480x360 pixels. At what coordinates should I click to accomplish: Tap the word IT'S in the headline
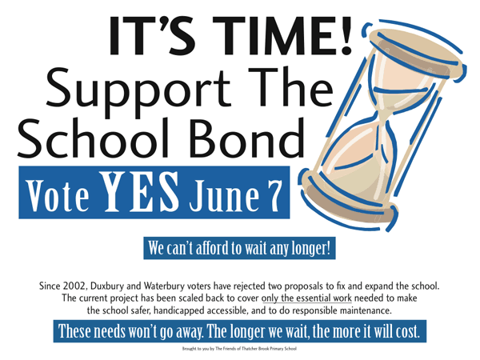pyautogui.click(x=152, y=35)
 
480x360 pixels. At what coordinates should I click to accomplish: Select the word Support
pyautogui.click(x=138, y=88)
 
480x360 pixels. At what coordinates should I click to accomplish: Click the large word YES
pyautogui.click(x=139, y=192)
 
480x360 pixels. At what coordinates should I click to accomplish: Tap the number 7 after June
pyautogui.click(x=273, y=196)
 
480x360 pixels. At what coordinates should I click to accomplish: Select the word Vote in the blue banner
pyautogui.click(x=58, y=196)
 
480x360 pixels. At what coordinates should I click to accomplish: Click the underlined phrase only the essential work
pyautogui.click(x=306, y=298)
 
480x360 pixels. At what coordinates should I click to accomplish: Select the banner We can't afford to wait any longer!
pyautogui.click(x=240, y=248)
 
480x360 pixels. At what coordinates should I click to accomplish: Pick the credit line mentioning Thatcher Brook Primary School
pyautogui.click(x=239, y=348)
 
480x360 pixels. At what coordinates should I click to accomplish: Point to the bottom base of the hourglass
pyautogui.click(x=351, y=199)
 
